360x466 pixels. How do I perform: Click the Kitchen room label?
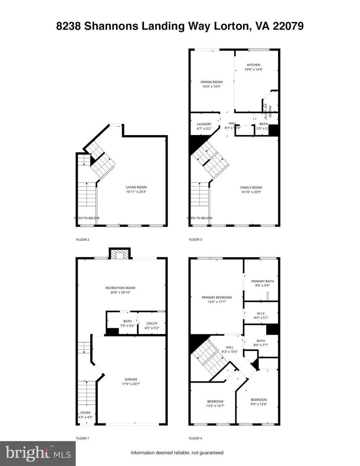(253, 65)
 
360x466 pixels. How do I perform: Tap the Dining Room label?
(211, 82)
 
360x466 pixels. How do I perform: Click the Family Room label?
(251, 187)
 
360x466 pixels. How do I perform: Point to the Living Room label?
(136, 187)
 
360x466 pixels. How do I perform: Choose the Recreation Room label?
(120, 288)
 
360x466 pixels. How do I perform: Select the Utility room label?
(152, 323)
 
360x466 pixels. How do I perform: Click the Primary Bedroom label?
(216, 297)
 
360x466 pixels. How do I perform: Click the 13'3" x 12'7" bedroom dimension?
(215, 406)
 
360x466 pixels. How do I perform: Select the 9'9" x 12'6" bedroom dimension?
(259, 404)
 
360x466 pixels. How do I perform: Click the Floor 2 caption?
(82, 239)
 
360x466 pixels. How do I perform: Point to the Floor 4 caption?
(195, 438)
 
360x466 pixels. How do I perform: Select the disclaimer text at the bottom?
(177, 453)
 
